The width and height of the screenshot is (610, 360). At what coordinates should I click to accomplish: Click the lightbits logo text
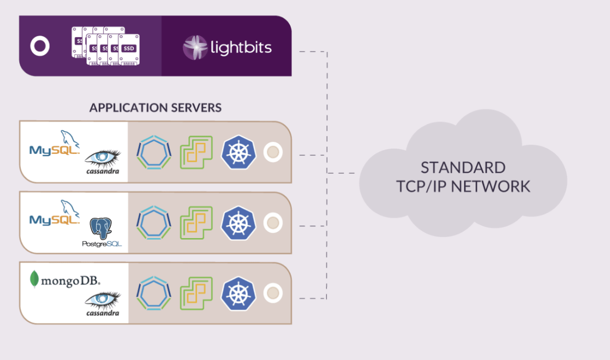[241, 48]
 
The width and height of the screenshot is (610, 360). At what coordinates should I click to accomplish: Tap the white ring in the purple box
[40, 46]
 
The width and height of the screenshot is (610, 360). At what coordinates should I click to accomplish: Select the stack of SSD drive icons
[105, 47]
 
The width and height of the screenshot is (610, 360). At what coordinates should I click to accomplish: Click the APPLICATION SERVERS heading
[155, 108]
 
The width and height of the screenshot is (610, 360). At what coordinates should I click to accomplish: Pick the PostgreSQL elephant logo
[102, 231]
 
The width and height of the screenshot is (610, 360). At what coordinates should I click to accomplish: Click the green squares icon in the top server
[196, 153]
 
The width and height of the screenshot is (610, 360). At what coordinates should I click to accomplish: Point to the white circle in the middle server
[273, 223]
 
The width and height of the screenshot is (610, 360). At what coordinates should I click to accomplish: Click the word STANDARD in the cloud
[463, 168]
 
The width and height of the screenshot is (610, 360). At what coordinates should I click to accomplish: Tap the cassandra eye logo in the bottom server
[103, 302]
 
